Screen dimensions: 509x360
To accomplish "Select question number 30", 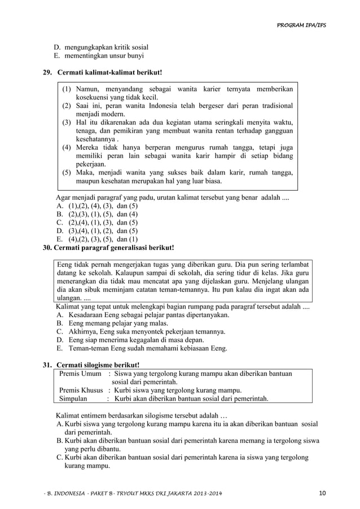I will (x=49, y=247).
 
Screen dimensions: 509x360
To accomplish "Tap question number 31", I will (x=49, y=365).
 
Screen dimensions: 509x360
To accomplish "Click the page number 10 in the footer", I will (x=322, y=495).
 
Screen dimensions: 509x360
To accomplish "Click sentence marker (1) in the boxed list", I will (x=67, y=89).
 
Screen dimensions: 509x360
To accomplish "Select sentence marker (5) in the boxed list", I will (x=67, y=173).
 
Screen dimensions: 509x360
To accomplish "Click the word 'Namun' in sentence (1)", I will (x=87, y=89).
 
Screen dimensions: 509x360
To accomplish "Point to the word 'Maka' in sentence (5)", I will (x=85, y=173).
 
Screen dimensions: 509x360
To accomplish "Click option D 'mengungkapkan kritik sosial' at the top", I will (x=101, y=47).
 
